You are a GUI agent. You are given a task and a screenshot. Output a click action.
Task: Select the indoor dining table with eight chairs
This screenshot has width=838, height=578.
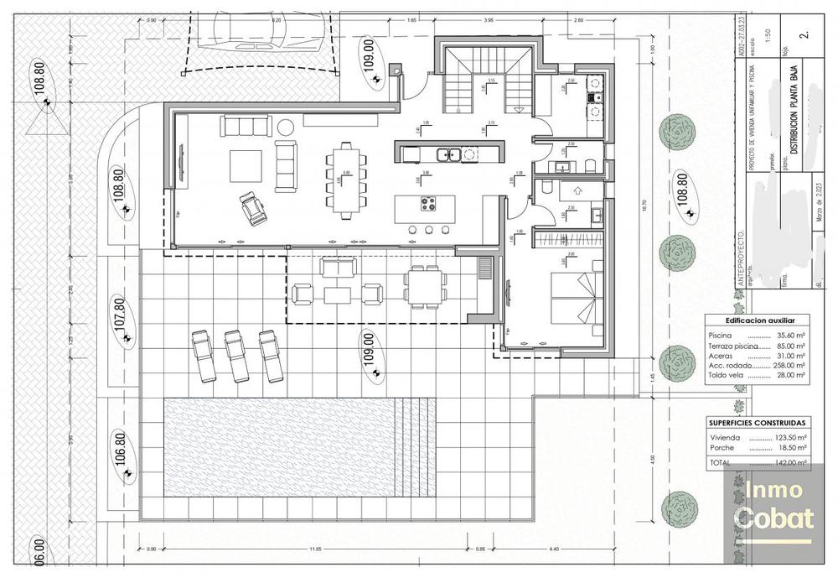(x=345, y=180)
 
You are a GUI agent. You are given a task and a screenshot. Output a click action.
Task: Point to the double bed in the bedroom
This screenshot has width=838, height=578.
(x=576, y=299)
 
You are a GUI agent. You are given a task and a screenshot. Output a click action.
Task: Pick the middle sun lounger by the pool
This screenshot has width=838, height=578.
(x=235, y=354)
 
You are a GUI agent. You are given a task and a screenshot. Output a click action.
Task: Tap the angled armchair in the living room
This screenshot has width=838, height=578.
(x=250, y=207)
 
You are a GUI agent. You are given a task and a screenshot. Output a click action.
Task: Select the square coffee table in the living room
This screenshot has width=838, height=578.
(x=246, y=165)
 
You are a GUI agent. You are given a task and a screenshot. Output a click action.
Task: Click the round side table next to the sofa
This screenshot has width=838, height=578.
(x=286, y=127)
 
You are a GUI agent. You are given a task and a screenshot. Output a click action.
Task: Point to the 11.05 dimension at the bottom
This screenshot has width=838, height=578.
(x=314, y=549)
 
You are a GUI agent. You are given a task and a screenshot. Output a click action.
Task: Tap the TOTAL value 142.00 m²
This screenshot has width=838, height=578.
(x=789, y=462)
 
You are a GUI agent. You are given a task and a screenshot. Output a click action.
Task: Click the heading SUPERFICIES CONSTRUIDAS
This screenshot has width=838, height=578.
(x=757, y=423)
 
